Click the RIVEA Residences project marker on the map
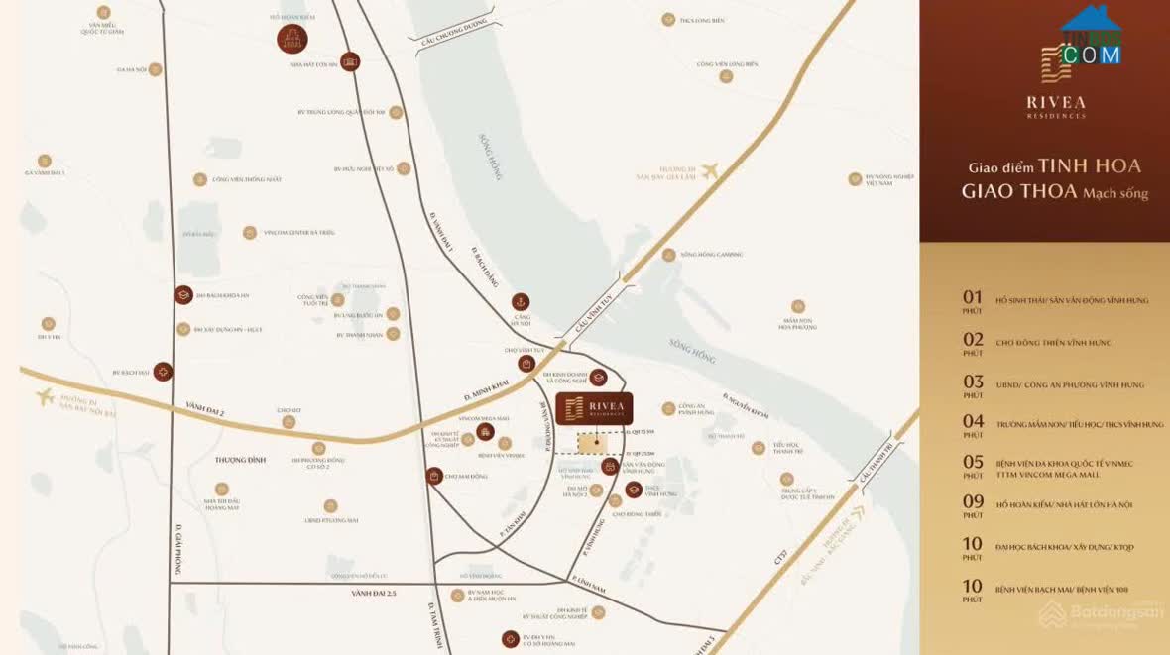tap(594, 408)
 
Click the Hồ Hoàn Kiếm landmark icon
tap(292, 39)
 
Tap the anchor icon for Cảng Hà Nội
tap(520, 301)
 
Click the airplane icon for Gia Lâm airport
tap(709, 170)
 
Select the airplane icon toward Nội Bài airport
tap(45, 397)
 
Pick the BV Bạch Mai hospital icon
tap(163, 372)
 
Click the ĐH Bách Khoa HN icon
tap(183, 294)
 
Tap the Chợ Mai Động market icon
tap(434, 476)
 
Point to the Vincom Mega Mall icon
tap(485, 431)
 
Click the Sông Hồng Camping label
tap(711, 255)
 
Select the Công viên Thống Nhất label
tap(246, 179)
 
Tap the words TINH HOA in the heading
tap(1090, 166)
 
